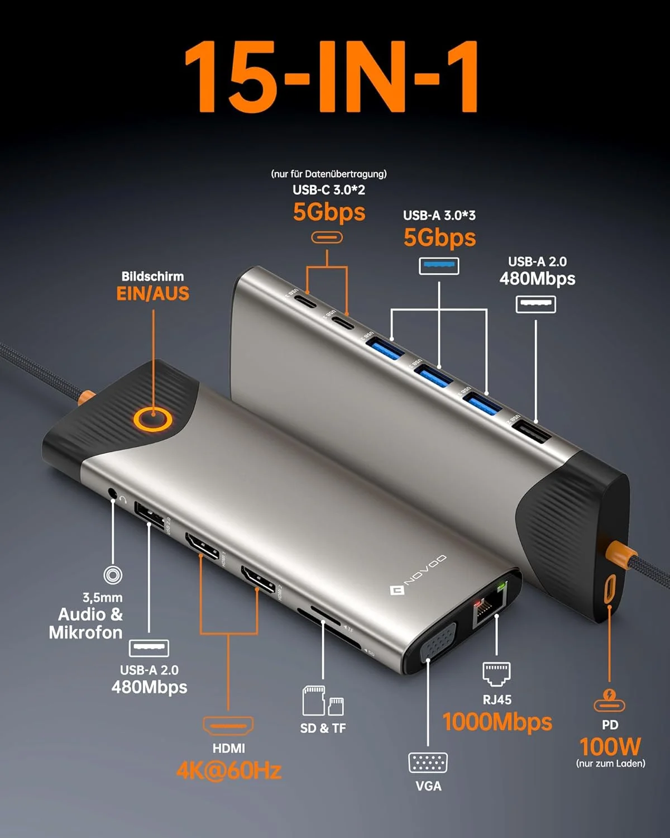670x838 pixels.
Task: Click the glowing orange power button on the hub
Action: click(x=152, y=419)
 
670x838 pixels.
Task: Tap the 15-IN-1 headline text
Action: click(x=332, y=77)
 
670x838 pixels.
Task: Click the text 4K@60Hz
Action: click(x=228, y=771)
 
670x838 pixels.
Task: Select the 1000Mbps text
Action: click(x=497, y=722)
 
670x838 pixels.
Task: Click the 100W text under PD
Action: click(x=610, y=746)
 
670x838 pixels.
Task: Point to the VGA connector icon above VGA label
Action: click(x=428, y=763)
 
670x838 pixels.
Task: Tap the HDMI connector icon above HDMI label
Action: click(x=228, y=726)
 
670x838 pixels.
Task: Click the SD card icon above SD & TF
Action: click(x=314, y=701)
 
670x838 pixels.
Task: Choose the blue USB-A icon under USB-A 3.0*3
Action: click(x=439, y=266)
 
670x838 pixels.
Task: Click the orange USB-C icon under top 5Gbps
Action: click(x=327, y=237)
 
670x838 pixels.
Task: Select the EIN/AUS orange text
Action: click(x=152, y=293)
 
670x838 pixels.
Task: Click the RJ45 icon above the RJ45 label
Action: click(x=496, y=674)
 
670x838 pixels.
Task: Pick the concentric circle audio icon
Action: click(x=113, y=575)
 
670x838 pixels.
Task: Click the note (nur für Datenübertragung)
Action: click(x=329, y=174)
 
